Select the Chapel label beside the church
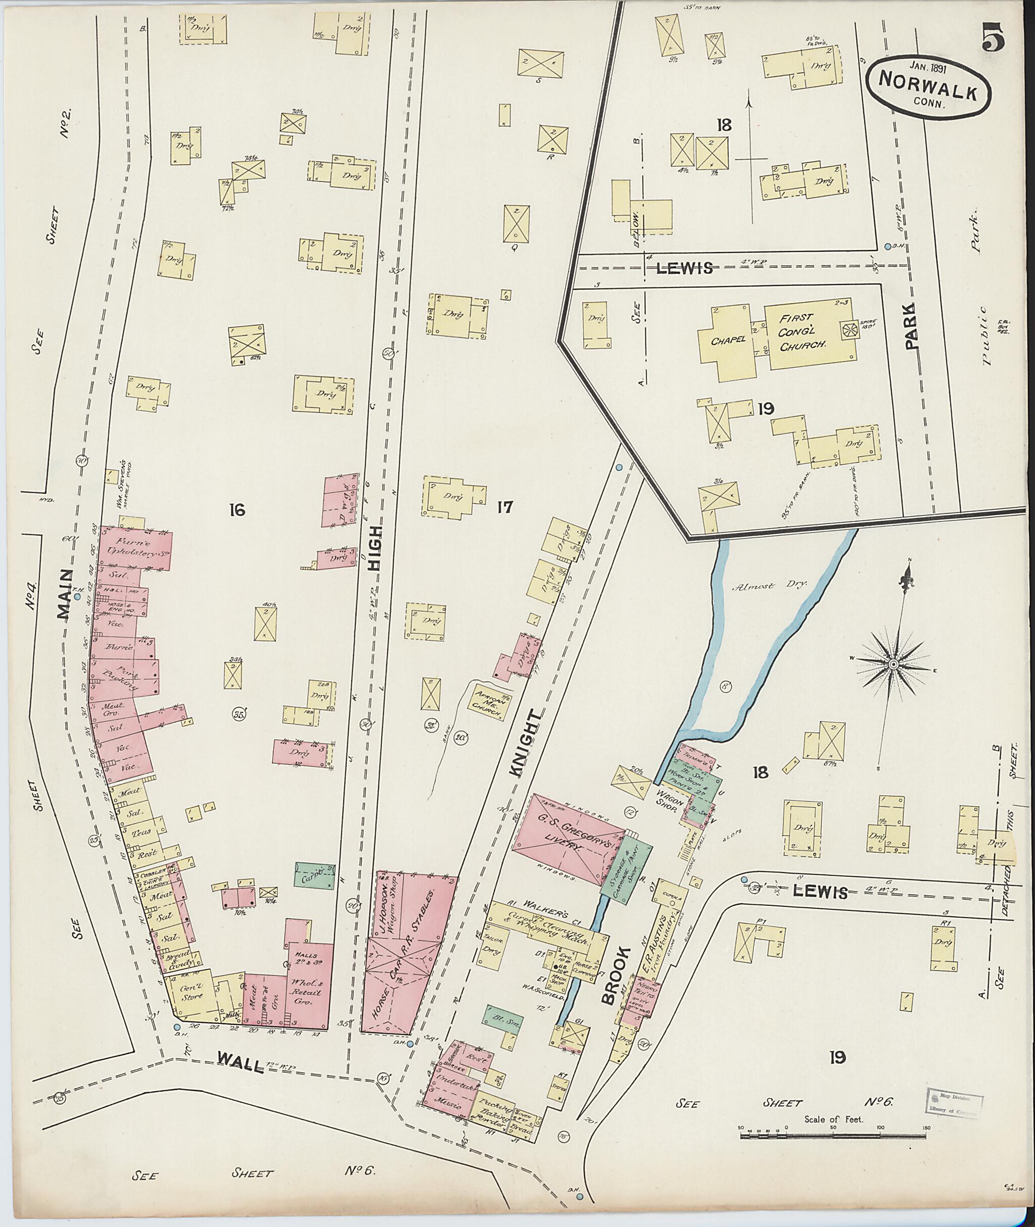point(729,339)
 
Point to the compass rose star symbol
point(893,664)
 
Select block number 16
point(237,510)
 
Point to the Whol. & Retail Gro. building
point(309,987)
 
